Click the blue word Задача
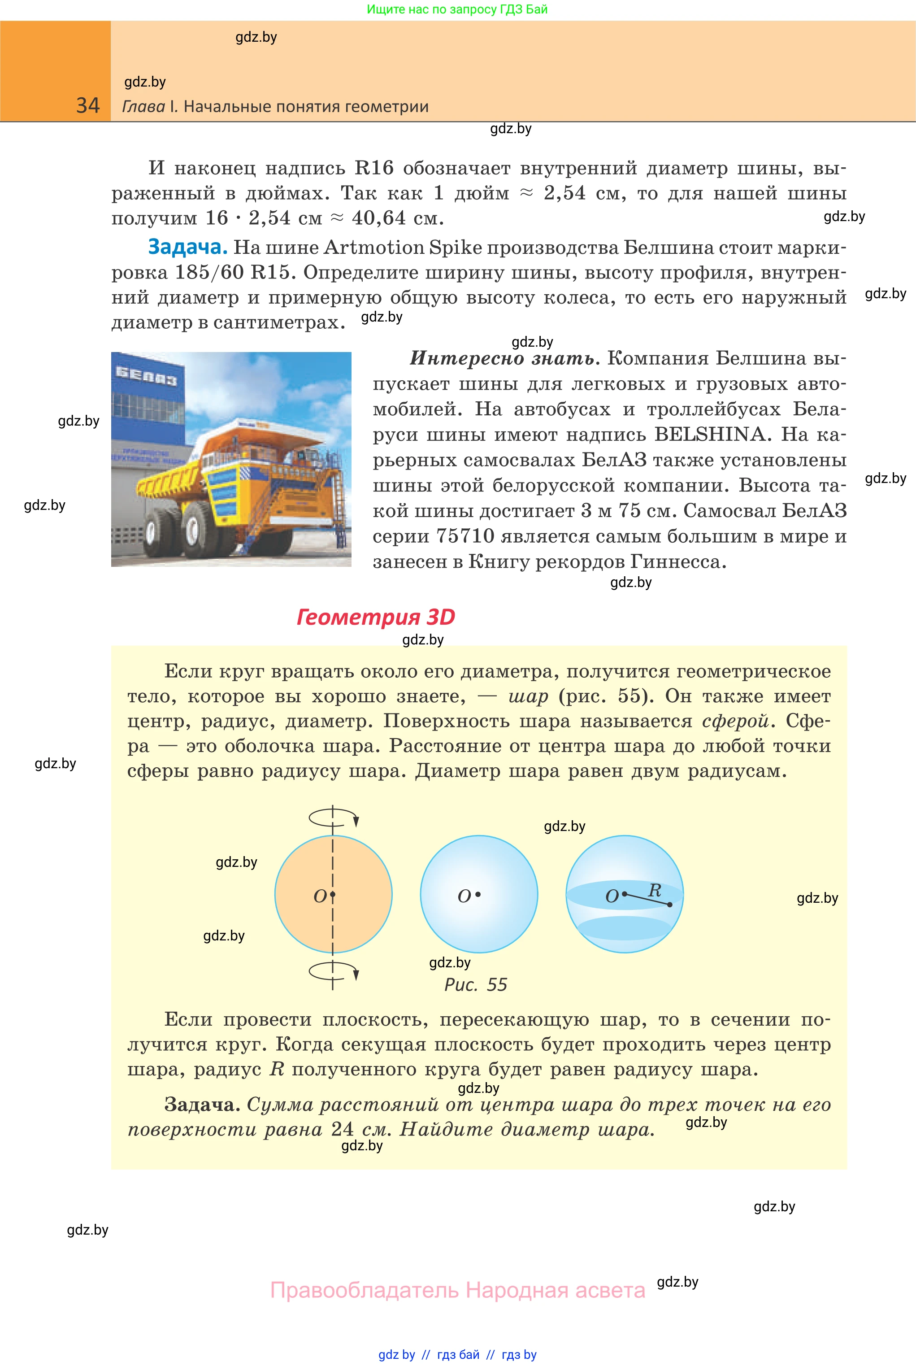pos(187,247)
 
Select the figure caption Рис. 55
pos(476,984)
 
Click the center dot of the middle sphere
pos(478,894)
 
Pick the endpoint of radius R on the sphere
pos(669,905)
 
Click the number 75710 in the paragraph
pos(465,536)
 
